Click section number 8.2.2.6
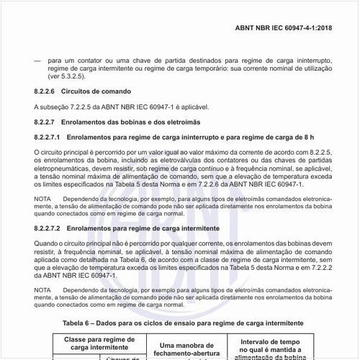45,92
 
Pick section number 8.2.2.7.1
48,136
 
